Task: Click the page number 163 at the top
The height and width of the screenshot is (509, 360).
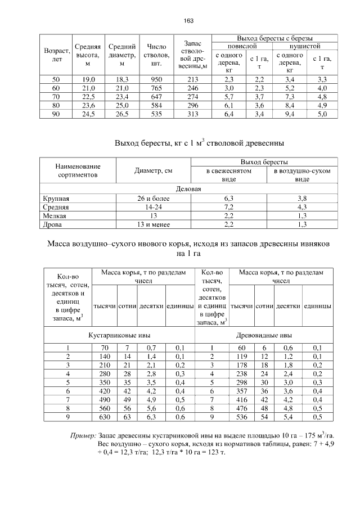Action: tap(188, 21)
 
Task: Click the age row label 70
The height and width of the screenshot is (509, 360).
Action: tap(56, 97)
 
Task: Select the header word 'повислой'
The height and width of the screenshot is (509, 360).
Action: tap(242, 45)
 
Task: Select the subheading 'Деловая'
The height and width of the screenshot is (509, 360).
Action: tap(188, 190)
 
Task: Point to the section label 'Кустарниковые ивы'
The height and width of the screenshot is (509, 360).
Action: tap(119, 335)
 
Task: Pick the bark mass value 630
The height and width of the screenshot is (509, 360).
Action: tap(104, 417)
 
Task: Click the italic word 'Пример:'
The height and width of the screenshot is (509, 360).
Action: tap(83, 435)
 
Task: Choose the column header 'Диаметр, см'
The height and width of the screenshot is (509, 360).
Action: tap(153, 171)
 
